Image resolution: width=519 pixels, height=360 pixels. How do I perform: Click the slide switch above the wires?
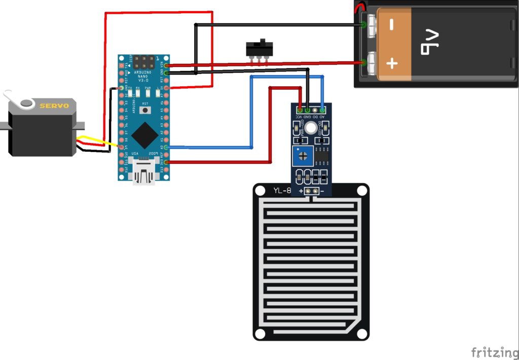(x=259, y=49)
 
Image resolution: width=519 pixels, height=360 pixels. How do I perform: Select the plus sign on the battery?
(x=392, y=63)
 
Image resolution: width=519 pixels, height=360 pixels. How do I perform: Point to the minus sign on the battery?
(x=391, y=24)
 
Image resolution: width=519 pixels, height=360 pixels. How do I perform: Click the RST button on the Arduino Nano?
(x=146, y=110)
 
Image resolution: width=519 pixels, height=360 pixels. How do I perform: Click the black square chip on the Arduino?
(x=144, y=133)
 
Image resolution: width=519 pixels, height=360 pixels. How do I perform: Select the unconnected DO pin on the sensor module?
(x=315, y=109)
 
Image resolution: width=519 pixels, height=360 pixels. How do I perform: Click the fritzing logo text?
(x=491, y=351)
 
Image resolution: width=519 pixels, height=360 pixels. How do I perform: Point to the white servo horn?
(x=15, y=99)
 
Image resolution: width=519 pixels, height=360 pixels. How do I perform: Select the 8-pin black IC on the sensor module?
(x=321, y=156)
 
